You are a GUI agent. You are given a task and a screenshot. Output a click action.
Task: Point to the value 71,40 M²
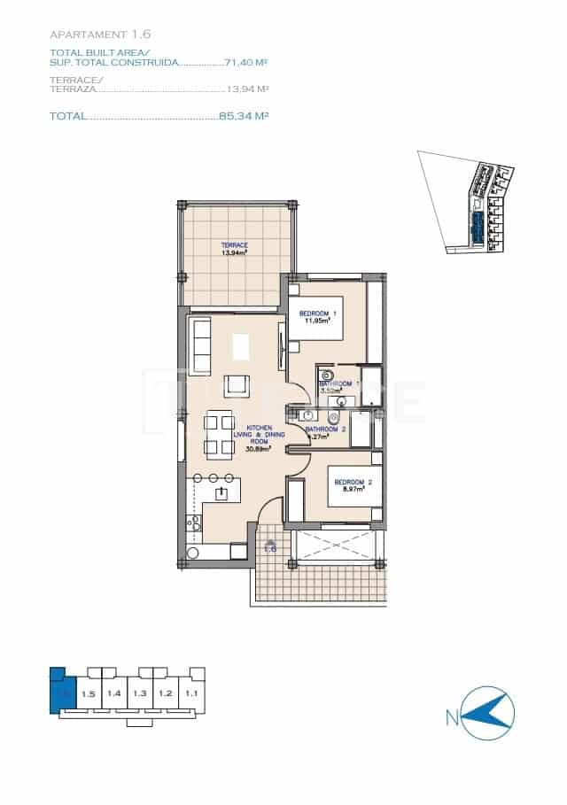coord(246,64)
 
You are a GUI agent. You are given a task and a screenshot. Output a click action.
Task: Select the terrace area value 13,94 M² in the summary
coord(248,89)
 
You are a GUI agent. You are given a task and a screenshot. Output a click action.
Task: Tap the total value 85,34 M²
coord(243,116)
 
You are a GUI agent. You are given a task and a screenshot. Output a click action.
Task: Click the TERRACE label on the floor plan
coord(235,245)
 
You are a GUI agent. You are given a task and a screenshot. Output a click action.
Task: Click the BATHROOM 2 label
coord(324,430)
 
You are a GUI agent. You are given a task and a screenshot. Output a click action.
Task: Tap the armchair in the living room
coord(237,386)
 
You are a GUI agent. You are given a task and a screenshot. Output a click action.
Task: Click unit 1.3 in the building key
coord(140,693)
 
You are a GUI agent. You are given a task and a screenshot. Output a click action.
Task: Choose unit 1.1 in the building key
coord(191,693)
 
